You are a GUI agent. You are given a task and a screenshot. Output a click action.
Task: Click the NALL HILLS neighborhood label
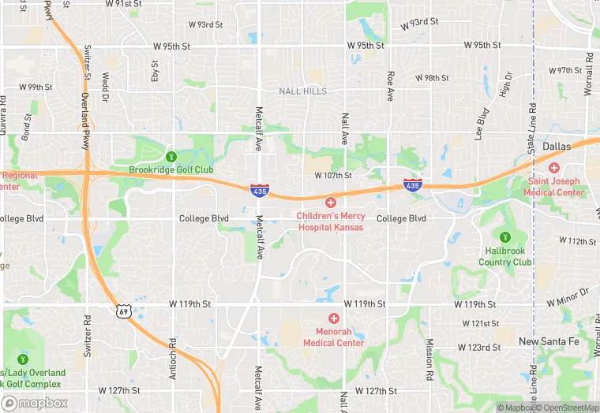tap(302, 91)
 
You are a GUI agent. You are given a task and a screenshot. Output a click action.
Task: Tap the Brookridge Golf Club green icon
tap(171, 155)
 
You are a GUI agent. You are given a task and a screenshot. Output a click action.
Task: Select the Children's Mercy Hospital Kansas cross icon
tap(331, 203)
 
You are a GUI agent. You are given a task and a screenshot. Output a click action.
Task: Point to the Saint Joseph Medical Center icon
tap(554, 168)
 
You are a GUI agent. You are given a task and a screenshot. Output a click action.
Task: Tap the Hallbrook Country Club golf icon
tap(505, 236)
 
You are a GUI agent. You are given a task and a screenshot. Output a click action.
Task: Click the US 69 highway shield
tap(123, 311)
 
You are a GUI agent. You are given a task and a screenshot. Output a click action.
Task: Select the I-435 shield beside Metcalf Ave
tap(258, 190)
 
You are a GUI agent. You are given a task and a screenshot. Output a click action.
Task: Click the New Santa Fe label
tap(550, 340)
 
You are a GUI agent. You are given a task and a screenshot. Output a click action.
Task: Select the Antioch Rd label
tap(172, 359)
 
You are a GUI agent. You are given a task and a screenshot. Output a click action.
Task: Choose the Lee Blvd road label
tap(481, 129)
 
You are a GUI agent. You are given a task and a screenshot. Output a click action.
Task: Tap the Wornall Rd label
tap(588, 75)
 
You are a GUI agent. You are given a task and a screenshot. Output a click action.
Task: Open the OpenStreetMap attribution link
tap(566, 407)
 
